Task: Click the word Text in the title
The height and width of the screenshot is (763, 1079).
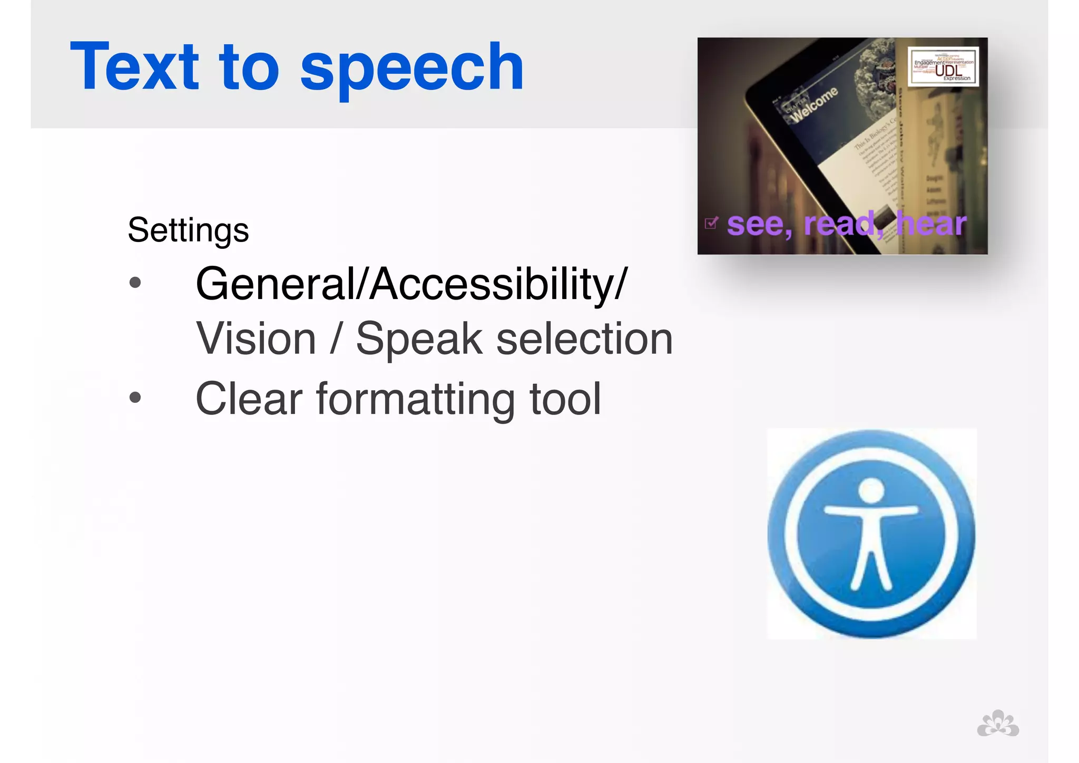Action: pos(135,67)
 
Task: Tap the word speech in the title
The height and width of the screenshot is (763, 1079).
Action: pos(411,69)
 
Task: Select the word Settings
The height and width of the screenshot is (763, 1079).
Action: pos(188,230)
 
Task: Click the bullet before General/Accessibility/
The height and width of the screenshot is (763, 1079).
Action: pos(135,283)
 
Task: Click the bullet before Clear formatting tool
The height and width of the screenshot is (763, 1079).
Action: pos(135,397)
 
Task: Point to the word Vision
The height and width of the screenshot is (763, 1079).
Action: pos(256,339)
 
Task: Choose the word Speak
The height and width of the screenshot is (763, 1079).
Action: pos(419,339)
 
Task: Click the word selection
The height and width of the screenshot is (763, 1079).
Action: pos(584,339)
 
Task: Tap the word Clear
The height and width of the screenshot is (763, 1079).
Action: pos(249,399)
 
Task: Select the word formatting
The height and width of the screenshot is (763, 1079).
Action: pos(415,400)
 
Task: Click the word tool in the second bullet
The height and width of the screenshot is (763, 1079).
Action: pos(565,399)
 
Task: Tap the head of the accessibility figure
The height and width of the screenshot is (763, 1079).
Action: pos(871,490)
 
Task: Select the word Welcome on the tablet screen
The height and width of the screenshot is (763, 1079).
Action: pos(815,104)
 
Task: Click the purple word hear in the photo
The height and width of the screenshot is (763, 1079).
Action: pos(931,224)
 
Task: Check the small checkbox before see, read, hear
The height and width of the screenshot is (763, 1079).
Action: pos(711,224)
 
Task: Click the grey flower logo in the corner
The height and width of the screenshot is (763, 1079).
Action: pos(997,723)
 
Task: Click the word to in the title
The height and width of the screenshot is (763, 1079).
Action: pos(249,67)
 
